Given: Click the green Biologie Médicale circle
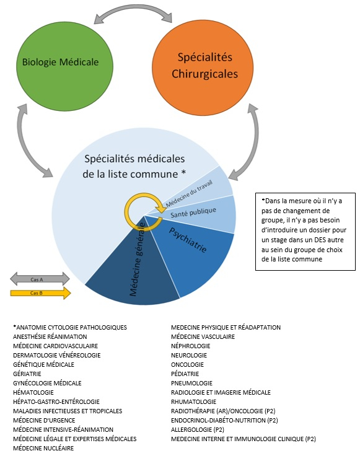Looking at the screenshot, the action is [64, 66].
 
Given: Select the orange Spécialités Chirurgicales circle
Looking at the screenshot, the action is [203, 68].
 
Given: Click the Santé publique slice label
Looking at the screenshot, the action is [193, 213].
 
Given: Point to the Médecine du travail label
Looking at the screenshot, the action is [189, 193].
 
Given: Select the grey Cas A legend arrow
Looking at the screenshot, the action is [40, 279].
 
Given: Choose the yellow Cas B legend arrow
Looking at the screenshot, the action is [40, 293].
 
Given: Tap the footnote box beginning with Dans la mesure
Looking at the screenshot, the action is [305, 232].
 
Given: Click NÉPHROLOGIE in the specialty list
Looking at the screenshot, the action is [190, 346].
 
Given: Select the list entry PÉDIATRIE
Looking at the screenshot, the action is [185, 374].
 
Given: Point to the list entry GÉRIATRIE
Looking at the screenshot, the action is [27, 374].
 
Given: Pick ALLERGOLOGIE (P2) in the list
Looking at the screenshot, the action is [198, 429].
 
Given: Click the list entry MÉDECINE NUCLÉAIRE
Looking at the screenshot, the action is [43, 448].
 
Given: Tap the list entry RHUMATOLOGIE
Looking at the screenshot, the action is [193, 401].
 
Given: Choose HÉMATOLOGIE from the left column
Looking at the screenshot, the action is [33, 392].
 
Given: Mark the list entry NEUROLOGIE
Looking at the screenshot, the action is [189, 355].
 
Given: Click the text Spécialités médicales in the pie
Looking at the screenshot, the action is [134, 159].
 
